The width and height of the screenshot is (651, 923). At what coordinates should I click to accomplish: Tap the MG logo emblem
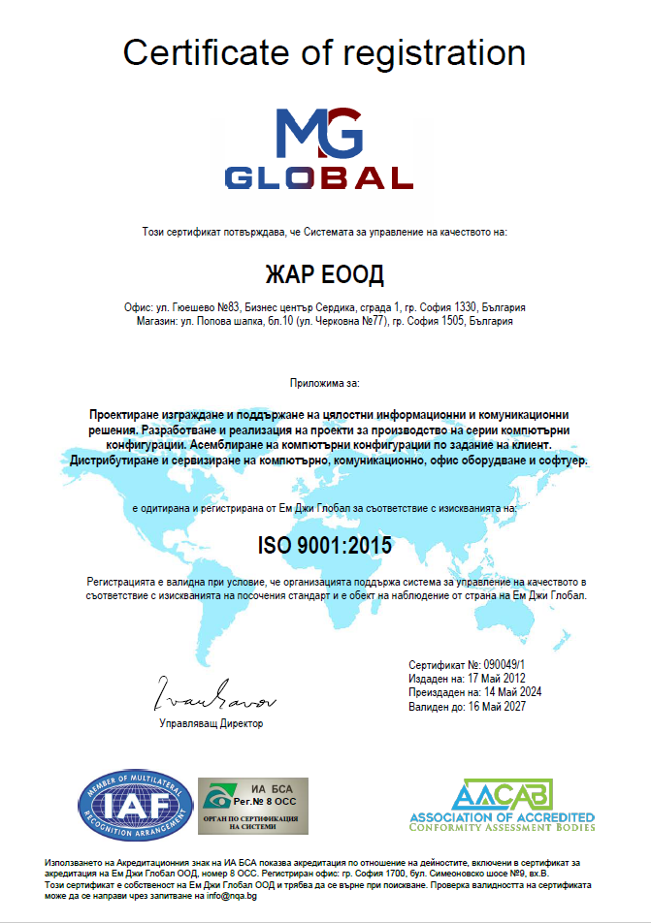[319, 134]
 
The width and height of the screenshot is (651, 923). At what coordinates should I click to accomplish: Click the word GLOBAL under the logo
[319, 177]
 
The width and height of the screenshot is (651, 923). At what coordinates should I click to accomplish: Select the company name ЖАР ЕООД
[325, 271]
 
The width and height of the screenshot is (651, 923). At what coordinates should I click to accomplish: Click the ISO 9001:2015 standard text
[325, 545]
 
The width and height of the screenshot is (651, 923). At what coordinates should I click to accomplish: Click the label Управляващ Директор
[211, 723]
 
